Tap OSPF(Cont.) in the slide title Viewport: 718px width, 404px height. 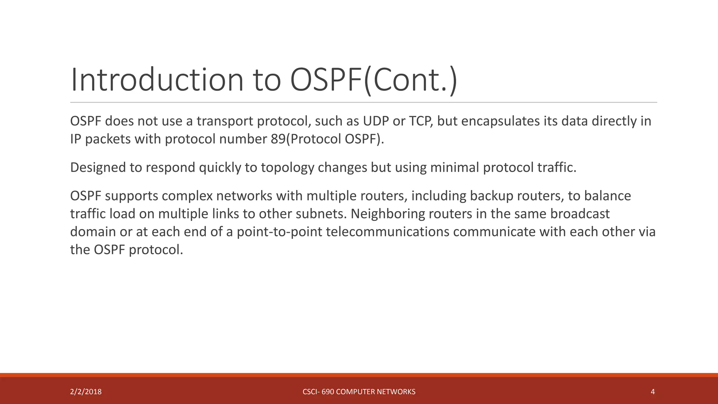pyautogui.click(x=374, y=80)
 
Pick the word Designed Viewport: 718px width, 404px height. pyautogui.click(x=98, y=168)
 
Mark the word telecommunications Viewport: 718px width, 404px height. pyautogui.click(x=387, y=232)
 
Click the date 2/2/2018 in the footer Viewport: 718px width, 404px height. pyautogui.click(x=86, y=392)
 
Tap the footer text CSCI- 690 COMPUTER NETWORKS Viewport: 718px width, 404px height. pyautogui.click(x=359, y=392)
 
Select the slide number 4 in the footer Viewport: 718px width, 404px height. pyautogui.click(x=652, y=392)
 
